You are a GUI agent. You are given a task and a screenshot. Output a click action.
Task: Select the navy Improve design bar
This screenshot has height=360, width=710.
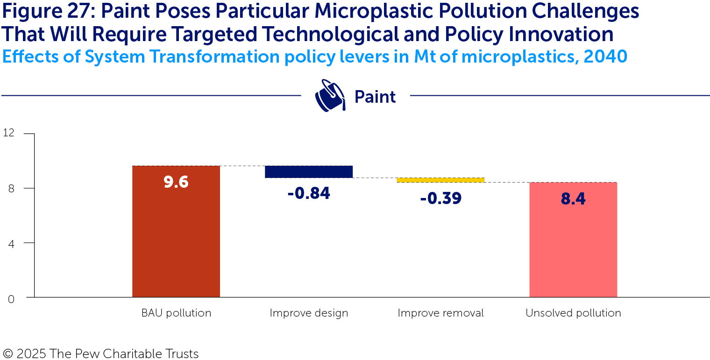pyautogui.click(x=308, y=171)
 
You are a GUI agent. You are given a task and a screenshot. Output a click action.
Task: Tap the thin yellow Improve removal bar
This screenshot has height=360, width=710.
pyautogui.click(x=440, y=180)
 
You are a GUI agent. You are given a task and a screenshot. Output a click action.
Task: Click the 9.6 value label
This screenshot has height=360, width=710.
pyautogui.click(x=176, y=182)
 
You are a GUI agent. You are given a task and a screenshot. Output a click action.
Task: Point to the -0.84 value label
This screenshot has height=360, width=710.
pyautogui.click(x=308, y=193)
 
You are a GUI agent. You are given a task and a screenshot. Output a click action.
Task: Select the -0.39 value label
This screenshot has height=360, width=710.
pyautogui.click(x=440, y=198)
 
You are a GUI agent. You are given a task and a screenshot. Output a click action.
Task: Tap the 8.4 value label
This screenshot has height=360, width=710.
pyautogui.click(x=573, y=199)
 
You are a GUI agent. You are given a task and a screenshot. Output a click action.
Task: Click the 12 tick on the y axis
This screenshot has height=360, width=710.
pyautogui.click(x=8, y=133)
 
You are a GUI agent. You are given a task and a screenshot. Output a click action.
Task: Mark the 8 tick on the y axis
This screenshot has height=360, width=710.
pyautogui.click(x=11, y=188)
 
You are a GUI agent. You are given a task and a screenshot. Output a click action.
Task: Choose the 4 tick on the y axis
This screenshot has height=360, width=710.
pyautogui.click(x=11, y=243)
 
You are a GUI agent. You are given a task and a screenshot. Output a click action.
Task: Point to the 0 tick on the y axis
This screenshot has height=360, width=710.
pyautogui.click(x=11, y=299)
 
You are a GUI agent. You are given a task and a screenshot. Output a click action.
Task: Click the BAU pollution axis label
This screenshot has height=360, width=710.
pyautogui.click(x=176, y=313)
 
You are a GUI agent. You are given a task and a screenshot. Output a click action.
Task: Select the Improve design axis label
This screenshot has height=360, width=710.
pyautogui.click(x=309, y=313)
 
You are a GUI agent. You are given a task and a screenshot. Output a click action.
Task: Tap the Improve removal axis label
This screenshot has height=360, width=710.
pyautogui.click(x=440, y=313)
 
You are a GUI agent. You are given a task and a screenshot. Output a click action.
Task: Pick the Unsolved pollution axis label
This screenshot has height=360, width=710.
pyautogui.click(x=573, y=313)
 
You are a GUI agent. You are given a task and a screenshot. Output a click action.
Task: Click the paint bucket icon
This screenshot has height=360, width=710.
pyautogui.click(x=330, y=96)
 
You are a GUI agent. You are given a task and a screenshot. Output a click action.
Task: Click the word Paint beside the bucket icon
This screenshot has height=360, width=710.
pyautogui.click(x=375, y=97)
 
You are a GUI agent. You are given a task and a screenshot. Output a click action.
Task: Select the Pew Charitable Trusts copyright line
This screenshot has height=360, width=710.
pyautogui.click(x=100, y=353)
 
